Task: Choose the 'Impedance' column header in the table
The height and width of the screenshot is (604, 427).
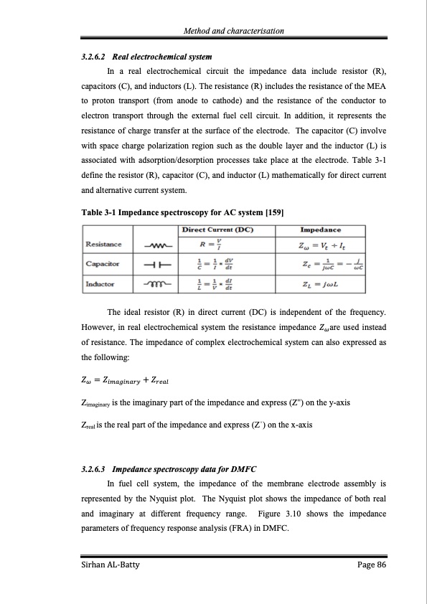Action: click(x=320, y=230)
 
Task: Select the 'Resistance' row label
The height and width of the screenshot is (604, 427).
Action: click(x=104, y=245)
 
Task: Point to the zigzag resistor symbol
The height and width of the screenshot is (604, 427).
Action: click(x=156, y=245)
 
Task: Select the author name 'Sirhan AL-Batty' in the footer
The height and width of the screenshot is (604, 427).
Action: click(x=108, y=565)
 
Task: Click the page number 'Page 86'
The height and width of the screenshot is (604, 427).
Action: click(x=371, y=565)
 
